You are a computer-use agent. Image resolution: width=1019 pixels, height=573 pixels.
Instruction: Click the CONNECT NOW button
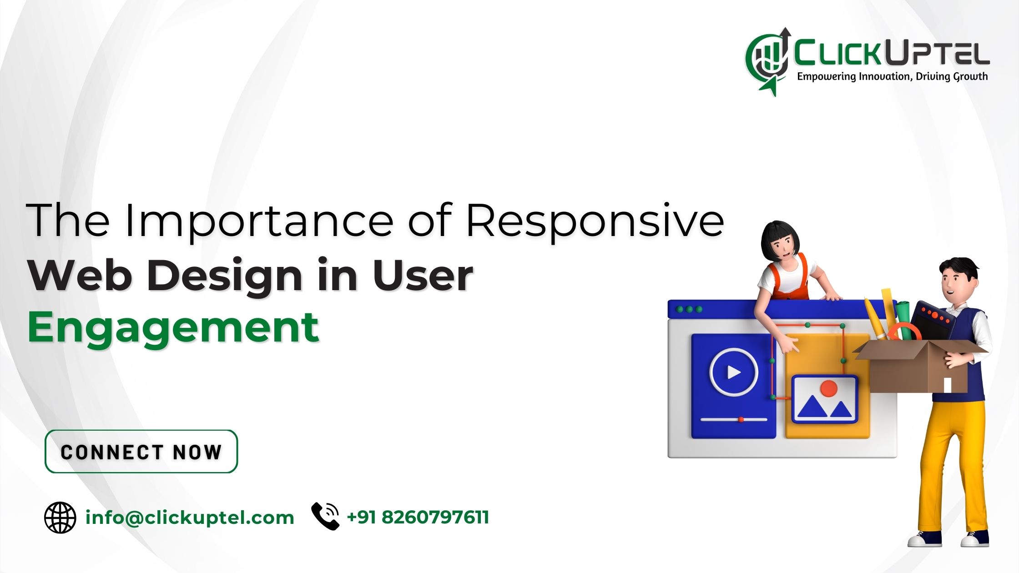coord(141,451)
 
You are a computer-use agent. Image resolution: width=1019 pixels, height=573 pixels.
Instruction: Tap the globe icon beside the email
coord(60,518)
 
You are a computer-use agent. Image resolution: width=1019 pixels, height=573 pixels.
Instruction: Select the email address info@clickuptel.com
coord(190,518)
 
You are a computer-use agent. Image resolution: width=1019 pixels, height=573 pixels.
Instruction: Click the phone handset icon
coord(325,516)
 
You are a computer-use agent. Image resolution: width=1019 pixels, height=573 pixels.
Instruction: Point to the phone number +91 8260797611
coord(418,518)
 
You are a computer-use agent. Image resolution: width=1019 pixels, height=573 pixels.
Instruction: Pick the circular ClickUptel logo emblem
coord(768,62)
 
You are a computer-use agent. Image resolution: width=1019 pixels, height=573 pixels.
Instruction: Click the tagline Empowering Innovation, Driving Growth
coord(893,76)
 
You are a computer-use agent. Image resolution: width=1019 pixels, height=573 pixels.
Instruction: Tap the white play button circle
coord(734,372)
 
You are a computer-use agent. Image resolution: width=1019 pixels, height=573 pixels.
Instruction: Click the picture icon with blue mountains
coord(825,400)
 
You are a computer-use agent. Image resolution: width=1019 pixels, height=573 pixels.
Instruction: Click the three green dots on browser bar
coord(690,309)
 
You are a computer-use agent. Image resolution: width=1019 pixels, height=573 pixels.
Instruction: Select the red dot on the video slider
coord(741,419)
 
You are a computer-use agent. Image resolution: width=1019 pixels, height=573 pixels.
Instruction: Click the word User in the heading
coord(423,275)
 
